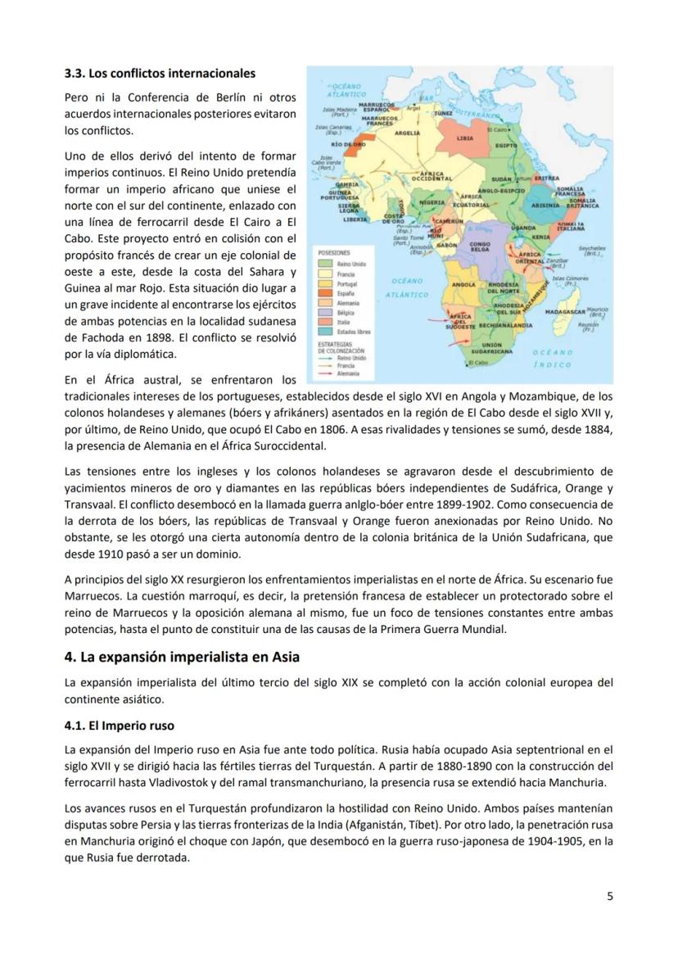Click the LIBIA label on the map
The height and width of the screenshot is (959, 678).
(465, 138)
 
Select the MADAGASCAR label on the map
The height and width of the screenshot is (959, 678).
(565, 312)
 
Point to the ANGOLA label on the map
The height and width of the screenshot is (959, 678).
(463, 284)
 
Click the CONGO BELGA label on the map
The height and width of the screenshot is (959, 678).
(480, 246)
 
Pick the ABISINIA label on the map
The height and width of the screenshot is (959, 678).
(545, 205)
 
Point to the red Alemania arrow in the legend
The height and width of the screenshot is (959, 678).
(325, 372)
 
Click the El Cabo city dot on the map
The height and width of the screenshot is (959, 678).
(468, 361)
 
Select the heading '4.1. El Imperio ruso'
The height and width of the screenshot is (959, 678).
(119, 725)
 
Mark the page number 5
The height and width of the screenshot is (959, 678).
(609, 895)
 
